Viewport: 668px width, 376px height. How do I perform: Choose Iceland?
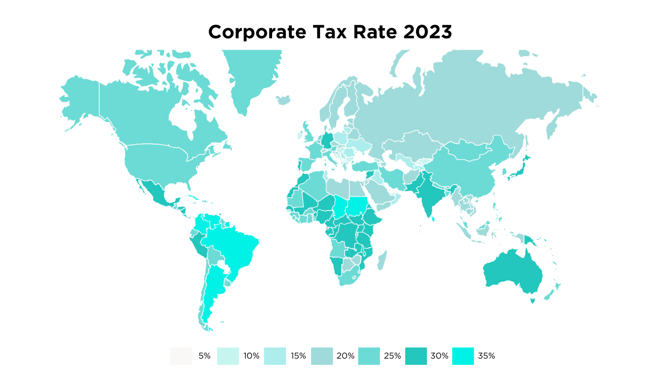point(284,100)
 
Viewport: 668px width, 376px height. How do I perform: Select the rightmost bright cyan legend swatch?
point(465,357)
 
